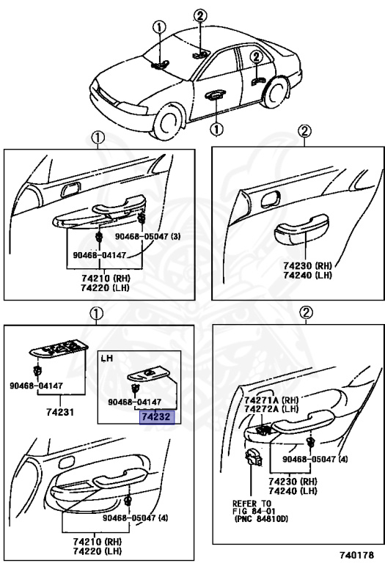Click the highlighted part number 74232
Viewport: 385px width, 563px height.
(157, 417)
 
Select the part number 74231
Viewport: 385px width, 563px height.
(60, 412)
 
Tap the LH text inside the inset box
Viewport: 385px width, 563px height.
(107, 358)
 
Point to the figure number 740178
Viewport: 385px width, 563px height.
(356, 554)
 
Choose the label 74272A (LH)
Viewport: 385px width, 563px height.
(271, 408)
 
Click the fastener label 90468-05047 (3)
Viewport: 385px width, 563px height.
(147, 236)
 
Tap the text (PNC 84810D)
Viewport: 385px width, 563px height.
(261, 518)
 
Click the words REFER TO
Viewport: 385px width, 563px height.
(252, 503)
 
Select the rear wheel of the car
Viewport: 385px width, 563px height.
(276, 92)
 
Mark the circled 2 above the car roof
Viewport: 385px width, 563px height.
(200, 16)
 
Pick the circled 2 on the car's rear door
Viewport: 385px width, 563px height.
(256, 56)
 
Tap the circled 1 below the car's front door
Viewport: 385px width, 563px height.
(216, 129)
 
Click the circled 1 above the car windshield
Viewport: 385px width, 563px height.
(159, 27)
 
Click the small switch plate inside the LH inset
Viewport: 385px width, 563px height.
(149, 375)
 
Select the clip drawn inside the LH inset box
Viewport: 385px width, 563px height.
(136, 388)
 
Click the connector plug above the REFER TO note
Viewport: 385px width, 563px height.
(253, 457)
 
